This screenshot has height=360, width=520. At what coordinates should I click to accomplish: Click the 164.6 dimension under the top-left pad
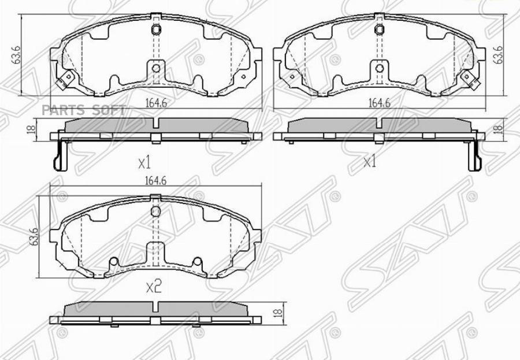tap(156, 103)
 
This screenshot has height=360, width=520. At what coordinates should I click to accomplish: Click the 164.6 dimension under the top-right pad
tap(380, 103)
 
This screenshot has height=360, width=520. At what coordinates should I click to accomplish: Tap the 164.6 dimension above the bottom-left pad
tap(155, 180)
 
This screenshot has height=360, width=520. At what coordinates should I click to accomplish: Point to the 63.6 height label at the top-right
tap(498, 55)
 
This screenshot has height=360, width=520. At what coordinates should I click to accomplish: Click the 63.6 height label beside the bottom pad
tap(34, 236)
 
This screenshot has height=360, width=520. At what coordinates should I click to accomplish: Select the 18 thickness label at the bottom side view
tap(278, 312)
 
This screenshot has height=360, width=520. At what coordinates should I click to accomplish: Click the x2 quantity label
tap(154, 287)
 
